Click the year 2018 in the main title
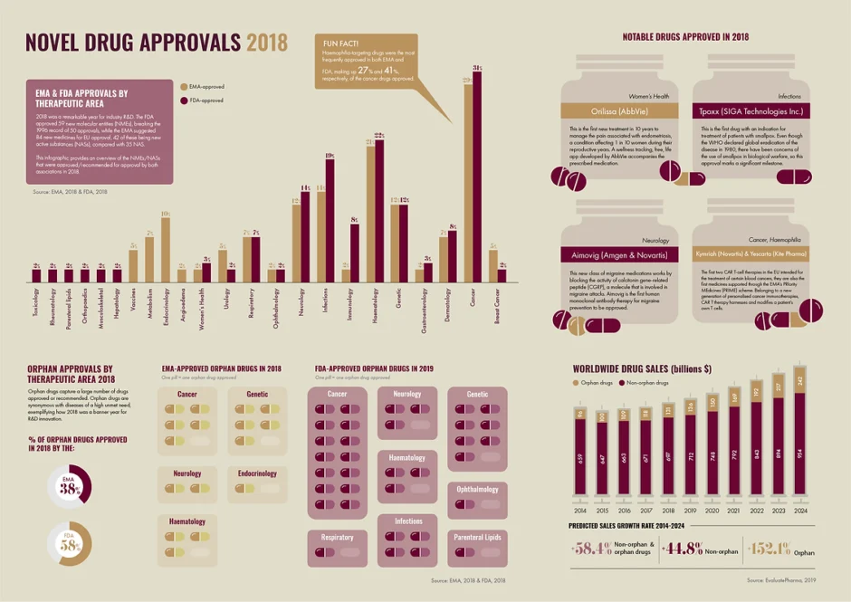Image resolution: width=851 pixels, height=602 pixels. coord(266,43)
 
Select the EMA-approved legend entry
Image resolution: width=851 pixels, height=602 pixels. coord(205,87)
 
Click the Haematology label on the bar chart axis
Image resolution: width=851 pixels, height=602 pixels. coord(374,305)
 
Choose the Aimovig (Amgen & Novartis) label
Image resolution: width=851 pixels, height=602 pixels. coord(616,255)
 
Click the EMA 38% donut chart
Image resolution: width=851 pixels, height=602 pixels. coord(69,486)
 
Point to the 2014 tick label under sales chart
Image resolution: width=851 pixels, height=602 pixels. coord(579,508)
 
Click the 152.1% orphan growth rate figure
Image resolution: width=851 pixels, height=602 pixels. coord(766,549)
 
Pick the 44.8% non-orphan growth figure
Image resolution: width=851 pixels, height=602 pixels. coord(679,549)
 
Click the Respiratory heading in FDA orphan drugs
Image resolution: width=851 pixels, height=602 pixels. coord(338,537)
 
